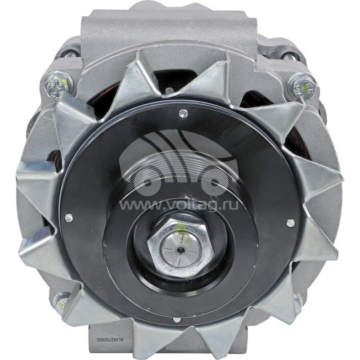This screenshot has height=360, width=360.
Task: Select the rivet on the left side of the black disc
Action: [68, 218]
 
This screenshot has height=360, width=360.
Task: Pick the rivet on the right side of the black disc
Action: [290, 222]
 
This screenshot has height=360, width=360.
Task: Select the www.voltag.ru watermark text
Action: [180, 205]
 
